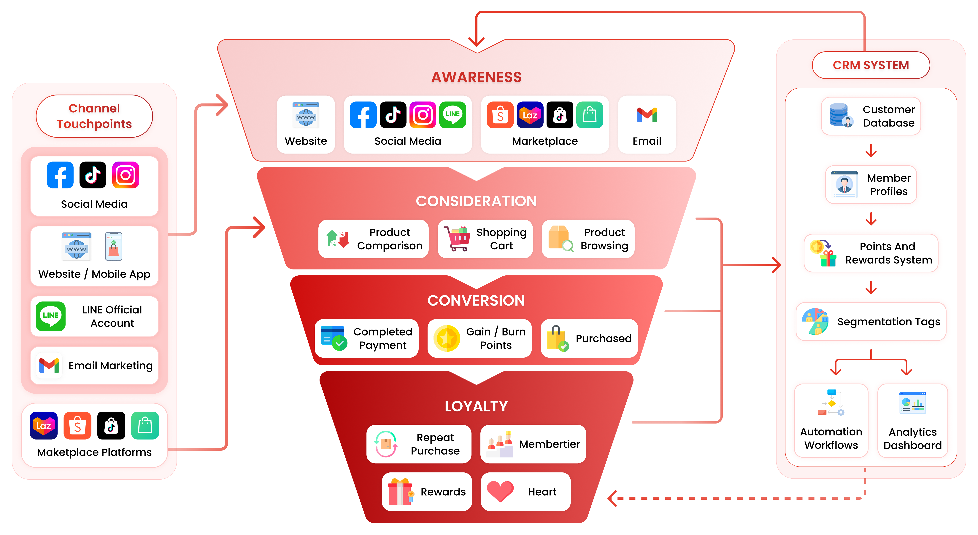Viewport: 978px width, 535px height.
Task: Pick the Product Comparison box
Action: [373, 239]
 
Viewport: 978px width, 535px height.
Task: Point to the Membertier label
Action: [549, 444]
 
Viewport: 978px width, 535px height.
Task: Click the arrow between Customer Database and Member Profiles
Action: [871, 151]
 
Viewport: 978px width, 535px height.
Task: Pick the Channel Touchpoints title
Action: [94, 116]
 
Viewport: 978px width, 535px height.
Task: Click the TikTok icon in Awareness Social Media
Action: [393, 115]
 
